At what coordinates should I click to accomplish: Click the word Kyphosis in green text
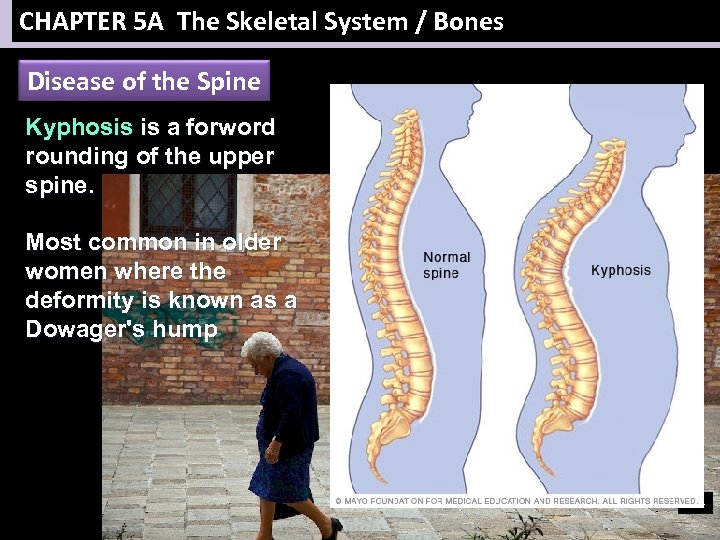[79, 128]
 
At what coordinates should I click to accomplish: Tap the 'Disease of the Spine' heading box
[144, 82]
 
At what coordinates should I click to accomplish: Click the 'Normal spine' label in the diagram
[446, 265]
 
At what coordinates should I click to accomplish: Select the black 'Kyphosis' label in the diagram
[620, 270]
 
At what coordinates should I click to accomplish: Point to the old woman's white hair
[262, 345]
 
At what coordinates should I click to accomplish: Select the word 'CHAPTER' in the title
[73, 22]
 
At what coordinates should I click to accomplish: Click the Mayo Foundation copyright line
[516, 500]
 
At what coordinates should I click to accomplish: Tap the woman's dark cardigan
[290, 405]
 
